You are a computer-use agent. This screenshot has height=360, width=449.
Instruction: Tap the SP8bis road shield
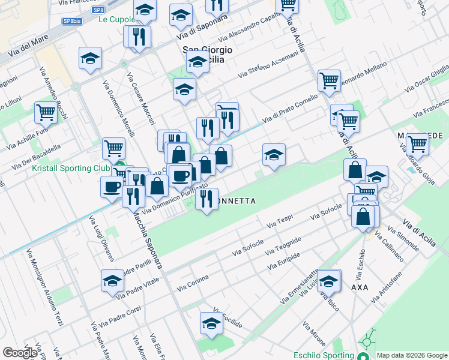[73, 21]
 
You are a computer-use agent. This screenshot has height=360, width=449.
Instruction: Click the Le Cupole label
[118, 19]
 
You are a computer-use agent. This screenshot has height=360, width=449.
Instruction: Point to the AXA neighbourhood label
[360, 287]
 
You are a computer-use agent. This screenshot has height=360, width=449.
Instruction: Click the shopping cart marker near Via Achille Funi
[46, 111]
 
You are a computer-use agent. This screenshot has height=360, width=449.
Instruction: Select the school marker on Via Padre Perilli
[112, 280]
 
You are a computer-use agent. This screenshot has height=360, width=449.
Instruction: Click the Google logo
[20, 353]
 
